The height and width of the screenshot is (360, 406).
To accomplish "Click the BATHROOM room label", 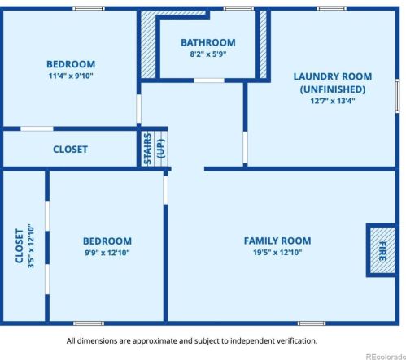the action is (x=208, y=42).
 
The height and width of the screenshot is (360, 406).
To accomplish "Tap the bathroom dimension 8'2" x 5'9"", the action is (x=208, y=54).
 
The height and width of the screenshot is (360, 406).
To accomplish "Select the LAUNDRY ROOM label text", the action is (x=333, y=76).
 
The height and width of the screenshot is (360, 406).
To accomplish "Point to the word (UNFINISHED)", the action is (x=333, y=89).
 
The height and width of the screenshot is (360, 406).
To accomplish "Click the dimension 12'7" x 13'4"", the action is (x=333, y=101).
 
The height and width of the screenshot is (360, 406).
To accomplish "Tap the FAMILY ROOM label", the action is (x=277, y=241).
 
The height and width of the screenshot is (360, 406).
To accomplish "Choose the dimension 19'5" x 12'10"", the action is (x=277, y=253).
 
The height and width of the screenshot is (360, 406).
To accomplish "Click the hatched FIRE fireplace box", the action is (x=382, y=250).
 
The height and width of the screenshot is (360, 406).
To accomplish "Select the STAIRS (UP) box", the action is (x=155, y=149).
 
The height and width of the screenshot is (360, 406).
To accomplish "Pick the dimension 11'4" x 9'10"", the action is (x=71, y=76).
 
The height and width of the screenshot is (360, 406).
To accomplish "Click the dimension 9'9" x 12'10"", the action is (x=107, y=253).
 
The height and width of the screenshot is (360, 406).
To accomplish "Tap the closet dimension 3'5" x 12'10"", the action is (x=31, y=246).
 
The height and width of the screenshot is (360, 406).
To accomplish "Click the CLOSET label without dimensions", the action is (x=70, y=150).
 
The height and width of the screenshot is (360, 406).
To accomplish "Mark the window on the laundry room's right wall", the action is (x=397, y=96).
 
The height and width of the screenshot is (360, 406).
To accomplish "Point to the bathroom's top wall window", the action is (x=238, y=8).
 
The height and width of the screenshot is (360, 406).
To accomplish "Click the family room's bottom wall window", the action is (x=312, y=323).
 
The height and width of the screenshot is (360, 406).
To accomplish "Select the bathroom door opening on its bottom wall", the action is (x=209, y=80).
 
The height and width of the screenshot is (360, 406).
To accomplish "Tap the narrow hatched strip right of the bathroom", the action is (x=263, y=45).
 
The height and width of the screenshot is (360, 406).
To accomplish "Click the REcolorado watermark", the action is (x=386, y=357).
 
